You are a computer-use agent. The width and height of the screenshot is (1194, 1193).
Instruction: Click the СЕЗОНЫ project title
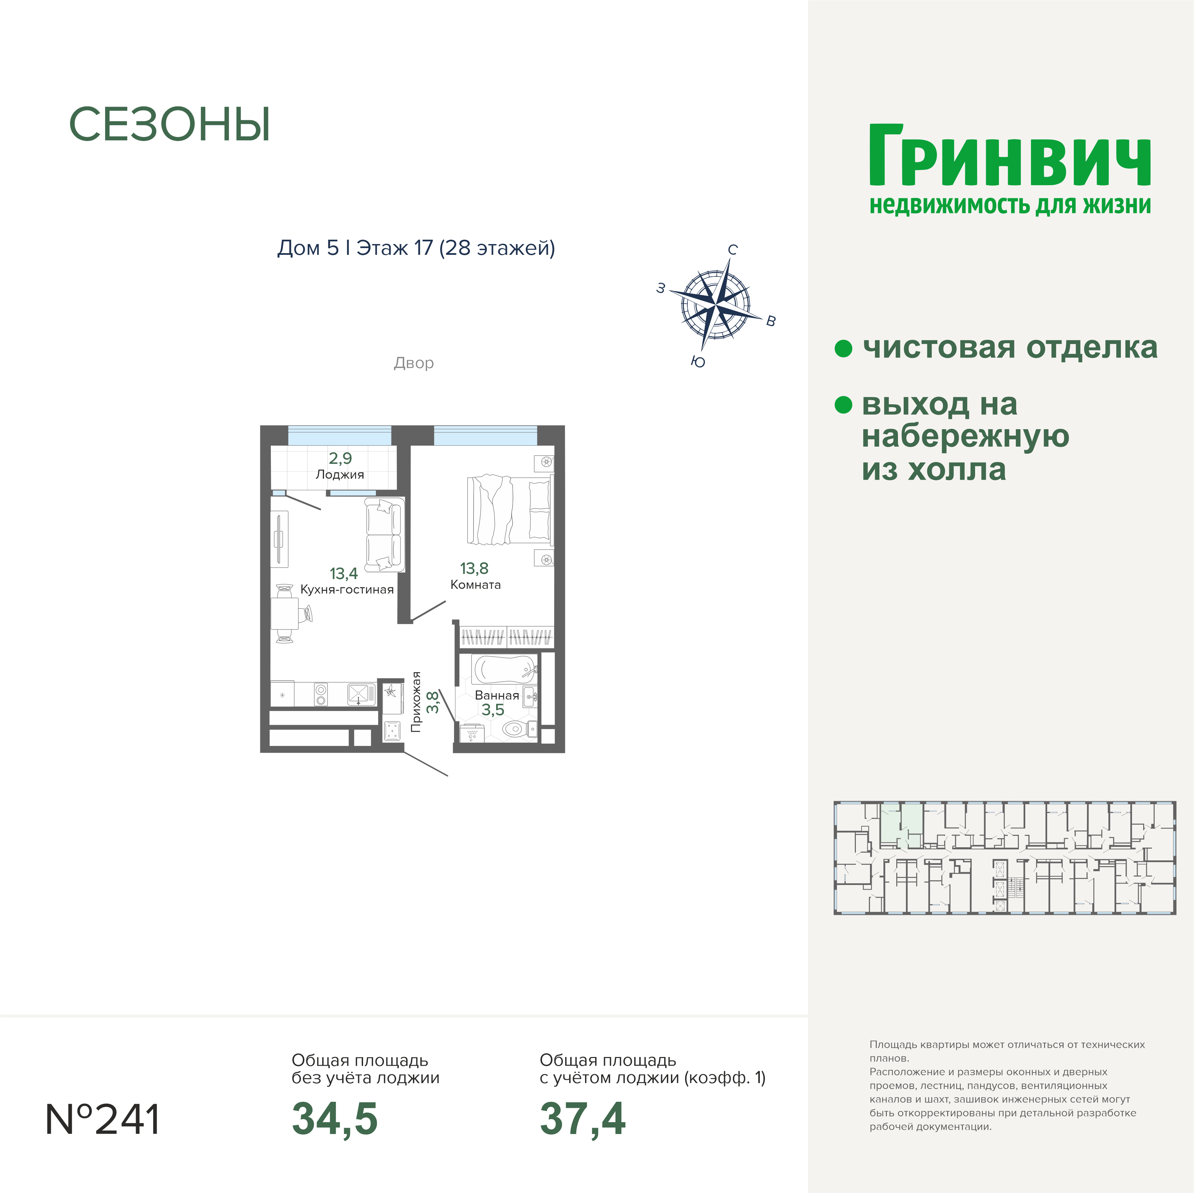point(169,124)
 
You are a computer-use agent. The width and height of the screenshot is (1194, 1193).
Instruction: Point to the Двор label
point(414,363)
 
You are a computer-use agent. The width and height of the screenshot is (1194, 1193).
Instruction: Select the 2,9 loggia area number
point(340,458)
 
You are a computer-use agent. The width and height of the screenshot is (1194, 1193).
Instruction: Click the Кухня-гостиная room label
point(347,589)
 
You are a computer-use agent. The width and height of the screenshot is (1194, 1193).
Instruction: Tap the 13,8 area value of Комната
point(474,568)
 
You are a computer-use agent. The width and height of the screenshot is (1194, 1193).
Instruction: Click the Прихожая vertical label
point(416,702)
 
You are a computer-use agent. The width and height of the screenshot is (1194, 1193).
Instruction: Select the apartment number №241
point(103,1120)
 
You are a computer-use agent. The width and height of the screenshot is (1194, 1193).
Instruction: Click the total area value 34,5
point(334,1119)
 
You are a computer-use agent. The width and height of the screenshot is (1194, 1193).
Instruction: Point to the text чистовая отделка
point(1010,347)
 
